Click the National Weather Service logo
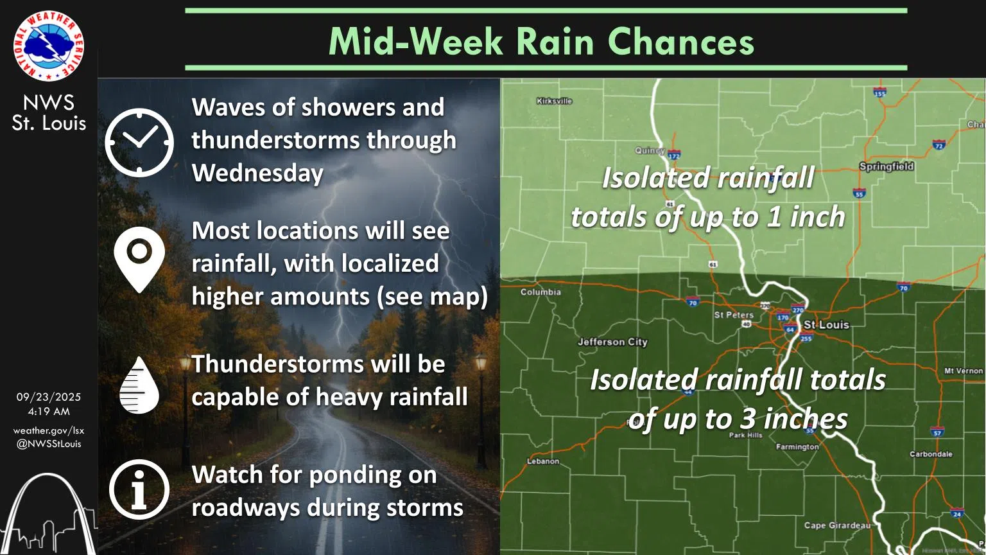[x=48, y=46]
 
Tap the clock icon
[x=139, y=142]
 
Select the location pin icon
[x=139, y=258]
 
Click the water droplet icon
[x=139, y=385]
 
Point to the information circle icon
[x=139, y=489]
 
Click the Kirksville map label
[x=554, y=101]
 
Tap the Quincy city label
[x=650, y=150]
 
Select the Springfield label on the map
[x=886, y=166]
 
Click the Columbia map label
[x=541, y=292]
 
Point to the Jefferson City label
[x=612, y=342]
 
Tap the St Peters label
[x=734, y=315]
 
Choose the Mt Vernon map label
[x=963, y=371]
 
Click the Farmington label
[x=797, y=446]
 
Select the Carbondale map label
[x=931, y=454]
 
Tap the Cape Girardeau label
[x=837, y=525]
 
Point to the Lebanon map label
[x=543, y=461]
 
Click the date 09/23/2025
[x=49, y=398]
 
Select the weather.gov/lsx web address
[x=49, y=430]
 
